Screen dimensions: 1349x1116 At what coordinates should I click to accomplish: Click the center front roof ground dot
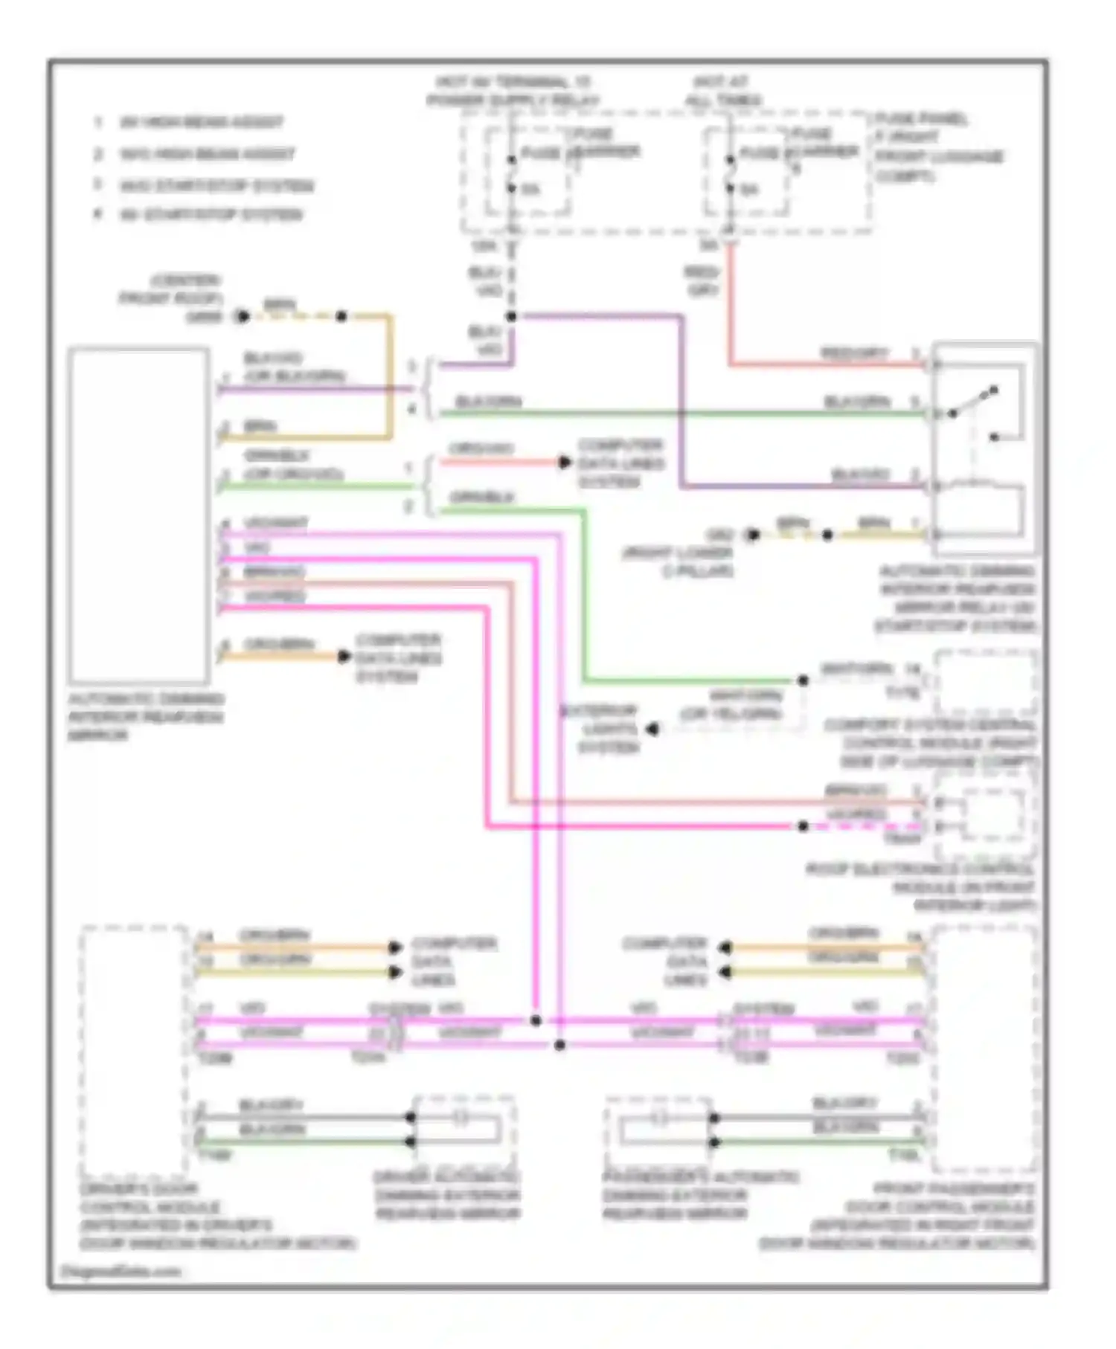pos(242,317)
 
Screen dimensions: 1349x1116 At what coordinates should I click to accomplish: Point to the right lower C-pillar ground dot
pos(753,535)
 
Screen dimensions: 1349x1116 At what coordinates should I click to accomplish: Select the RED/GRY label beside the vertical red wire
pos(701,281)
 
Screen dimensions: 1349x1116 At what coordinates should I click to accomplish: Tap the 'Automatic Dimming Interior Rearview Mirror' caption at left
pos(145,717)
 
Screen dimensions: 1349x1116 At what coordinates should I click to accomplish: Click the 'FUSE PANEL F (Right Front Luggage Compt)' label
pos(937,147)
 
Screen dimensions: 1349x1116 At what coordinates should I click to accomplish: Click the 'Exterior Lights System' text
pos(608,729)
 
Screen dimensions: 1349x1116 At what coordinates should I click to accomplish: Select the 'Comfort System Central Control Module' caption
pos(930,743)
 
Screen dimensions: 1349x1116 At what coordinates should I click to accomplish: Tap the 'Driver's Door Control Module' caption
pos(216,1216)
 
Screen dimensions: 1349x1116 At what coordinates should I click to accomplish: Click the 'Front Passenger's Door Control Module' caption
pos(897,1216)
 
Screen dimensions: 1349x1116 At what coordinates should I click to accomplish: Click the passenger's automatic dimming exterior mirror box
pos(659,1130)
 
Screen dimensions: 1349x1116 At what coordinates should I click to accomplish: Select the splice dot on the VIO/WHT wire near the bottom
pos(559,1045)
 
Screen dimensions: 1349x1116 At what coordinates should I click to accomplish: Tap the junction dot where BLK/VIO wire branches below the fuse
pos(511,317)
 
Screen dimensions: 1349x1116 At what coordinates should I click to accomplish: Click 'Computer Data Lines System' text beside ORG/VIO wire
pos(619,463)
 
